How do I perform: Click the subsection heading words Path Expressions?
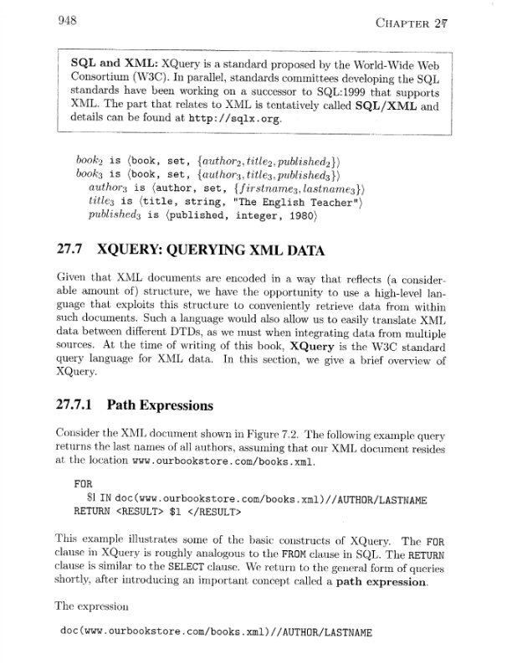(x=160, y=405)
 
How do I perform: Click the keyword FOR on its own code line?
(x=83, y=483)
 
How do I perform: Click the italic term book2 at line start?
(x=88, y=158)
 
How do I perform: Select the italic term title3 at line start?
(x=100, y=202)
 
